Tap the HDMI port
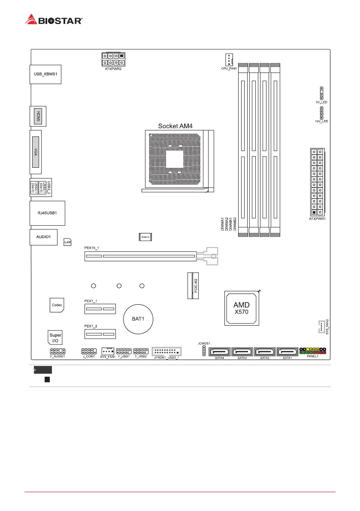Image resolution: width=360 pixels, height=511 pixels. (38, 116)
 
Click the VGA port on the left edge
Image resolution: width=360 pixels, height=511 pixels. (35, 152)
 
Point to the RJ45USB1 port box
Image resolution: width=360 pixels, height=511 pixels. (47, 212)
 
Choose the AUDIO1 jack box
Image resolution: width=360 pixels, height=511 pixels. (43, 237)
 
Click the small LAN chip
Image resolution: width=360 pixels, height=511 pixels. (67, 242)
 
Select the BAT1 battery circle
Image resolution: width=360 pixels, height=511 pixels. (139, 319)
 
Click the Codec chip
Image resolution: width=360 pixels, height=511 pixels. (57, 305)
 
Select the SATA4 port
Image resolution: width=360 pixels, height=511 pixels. (218, 352)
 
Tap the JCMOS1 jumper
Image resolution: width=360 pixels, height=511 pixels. (204, 352)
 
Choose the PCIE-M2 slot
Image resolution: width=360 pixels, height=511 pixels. (193, 285)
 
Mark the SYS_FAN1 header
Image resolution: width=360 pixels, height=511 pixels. (108, 351)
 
